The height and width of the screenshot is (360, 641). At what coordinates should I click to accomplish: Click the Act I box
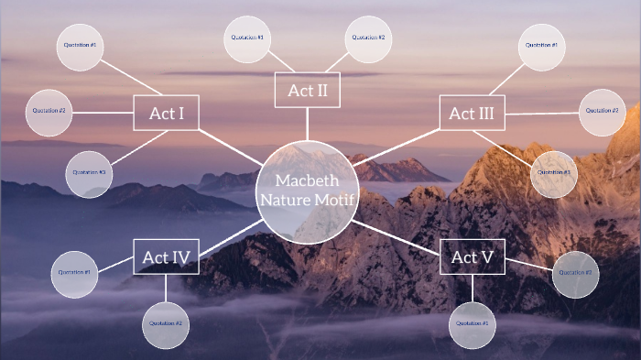(166, 113)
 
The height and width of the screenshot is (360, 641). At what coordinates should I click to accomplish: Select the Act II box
(307, 90)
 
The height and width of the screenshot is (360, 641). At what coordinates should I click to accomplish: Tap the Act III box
(472, 114)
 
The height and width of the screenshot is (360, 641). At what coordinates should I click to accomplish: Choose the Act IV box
(166, 257)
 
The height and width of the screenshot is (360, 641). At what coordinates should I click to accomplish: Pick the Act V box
(473, 257)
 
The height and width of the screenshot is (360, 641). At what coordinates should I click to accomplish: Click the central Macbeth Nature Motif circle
(306, 191)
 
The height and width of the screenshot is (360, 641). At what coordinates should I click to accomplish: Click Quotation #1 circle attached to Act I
(81, 45)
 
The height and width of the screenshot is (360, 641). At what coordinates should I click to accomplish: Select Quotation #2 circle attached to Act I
(49, 111)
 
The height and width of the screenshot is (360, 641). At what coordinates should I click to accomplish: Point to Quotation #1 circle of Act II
(247, 38)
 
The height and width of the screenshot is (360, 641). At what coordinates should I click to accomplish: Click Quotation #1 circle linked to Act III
(541, 46)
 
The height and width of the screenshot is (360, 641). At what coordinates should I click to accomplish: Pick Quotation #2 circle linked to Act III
(602, 111)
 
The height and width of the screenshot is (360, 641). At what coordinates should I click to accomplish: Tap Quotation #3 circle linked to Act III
(554, 173)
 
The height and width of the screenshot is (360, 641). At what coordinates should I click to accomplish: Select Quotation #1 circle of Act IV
(73, 273)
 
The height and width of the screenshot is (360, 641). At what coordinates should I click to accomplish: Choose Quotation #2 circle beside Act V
(577, 273)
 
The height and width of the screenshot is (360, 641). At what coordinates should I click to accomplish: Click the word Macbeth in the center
(306, 180)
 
